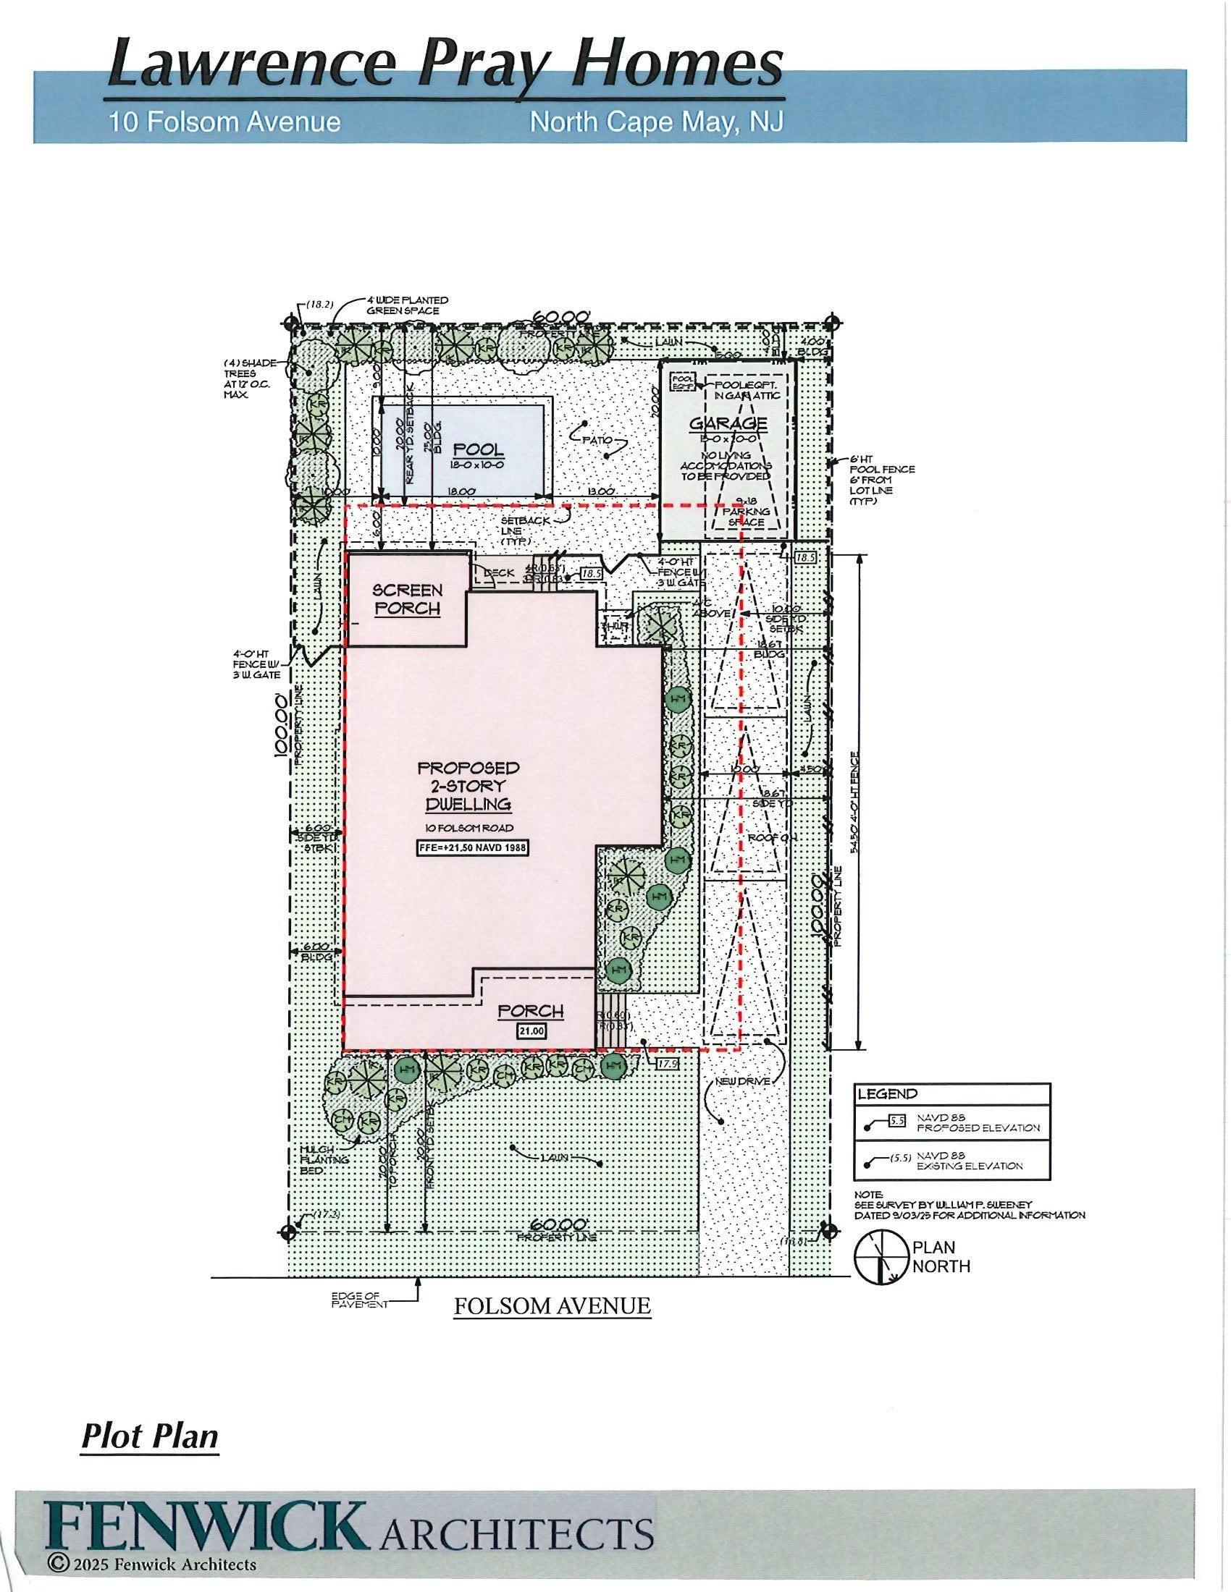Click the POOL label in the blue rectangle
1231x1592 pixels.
click(x=479, y=450)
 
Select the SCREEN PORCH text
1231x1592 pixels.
click(x=408, y=599)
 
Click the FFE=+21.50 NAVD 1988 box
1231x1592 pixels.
click(x=473, y=849)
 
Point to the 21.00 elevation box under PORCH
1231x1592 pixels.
click(x=531, y=1031)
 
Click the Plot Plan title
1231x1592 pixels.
click(x=149, y=1435)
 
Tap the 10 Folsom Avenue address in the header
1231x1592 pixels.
click(x=224, y=121)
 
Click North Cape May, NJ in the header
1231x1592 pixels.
click(x=656, y=121)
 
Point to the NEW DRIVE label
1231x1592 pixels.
click(x=743, y=1081)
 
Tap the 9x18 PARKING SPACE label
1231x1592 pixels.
click(x=745, y=516)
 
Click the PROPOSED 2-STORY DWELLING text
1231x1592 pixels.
click(x=469, y=786)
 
